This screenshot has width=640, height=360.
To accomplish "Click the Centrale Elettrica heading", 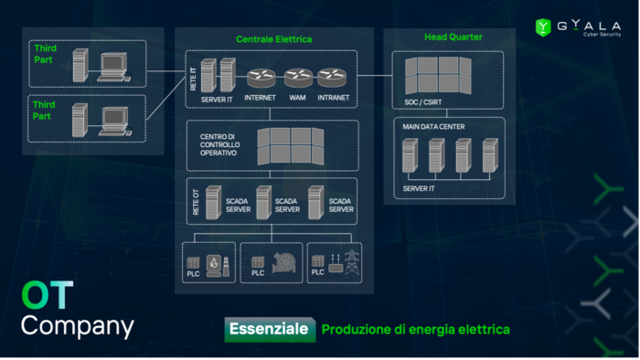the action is [273, 39].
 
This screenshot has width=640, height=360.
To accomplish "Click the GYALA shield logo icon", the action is [542, 27].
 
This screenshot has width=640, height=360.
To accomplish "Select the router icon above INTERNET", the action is [260, 79].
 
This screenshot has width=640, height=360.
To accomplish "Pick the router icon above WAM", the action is [297, 79].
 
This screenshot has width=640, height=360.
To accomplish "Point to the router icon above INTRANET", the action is [333, 79].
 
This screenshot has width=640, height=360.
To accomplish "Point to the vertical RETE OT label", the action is [195, 203].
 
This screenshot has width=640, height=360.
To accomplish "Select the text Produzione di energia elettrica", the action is [415, 329].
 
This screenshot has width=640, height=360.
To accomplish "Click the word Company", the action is [77, 326].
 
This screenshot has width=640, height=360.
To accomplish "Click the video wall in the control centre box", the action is [290, 144].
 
